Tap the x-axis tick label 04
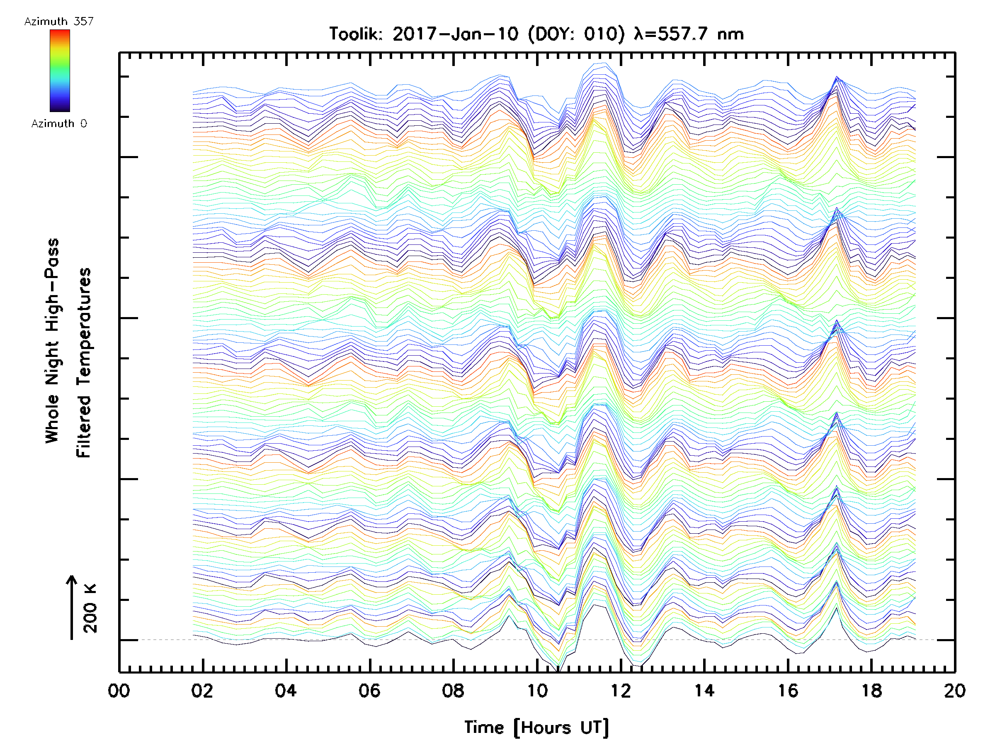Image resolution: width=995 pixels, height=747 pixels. pyautogui.click(x=286, y=691)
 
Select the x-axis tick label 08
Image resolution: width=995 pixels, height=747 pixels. pyautogui.click(x=453, y=691)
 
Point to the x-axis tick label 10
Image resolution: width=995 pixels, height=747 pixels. pyautogui.click(x=536, y=691)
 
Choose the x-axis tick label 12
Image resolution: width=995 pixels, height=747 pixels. pyautogui.click(x=620, y=691)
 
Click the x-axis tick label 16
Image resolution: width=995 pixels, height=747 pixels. pyautogui.click(x=788, y=691)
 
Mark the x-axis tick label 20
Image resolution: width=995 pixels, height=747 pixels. pyautogui.click(x=954, y=691)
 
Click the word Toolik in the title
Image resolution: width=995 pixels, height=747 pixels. pyautogui.click(x=355, y=34)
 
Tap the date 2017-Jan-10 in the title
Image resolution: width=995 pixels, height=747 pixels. pyautogui.click(x=455, y=34)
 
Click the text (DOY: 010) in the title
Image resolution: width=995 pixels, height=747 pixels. pyautogui.click(x=576, y=34)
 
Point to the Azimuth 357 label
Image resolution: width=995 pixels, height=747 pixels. pyautogui.click(x=59, y=22)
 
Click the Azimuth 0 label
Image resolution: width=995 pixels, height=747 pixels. pyautogui.click(x=59, y=123)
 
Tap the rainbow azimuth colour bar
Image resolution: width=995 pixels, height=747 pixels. pyautogui.click(x=60, y=71)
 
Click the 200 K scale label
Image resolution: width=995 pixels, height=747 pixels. pyautogui.click(x=90, y=608)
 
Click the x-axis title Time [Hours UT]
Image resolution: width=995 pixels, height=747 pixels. pyautogui.click(x=536, y=727)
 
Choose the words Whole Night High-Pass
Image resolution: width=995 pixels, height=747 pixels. pyautogui.click(x=52, y=341)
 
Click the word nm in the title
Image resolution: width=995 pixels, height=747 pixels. pyautogui.click(x=730, y=34)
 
